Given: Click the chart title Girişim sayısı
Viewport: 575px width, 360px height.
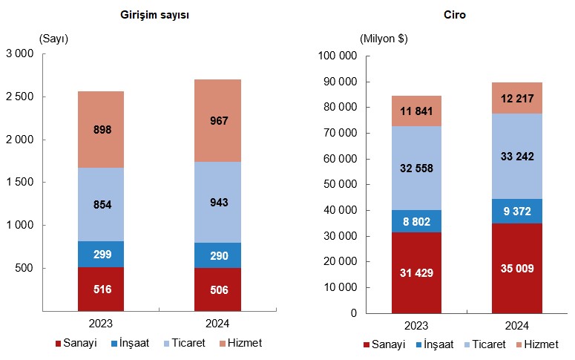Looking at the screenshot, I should click(x=154, y=16).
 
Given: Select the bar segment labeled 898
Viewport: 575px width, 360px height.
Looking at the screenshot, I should click(x=101, y=129).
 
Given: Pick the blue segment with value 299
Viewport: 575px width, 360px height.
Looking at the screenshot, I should click(x=101, y=254).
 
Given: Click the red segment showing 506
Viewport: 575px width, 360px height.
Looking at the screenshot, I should click(x=217, y=289).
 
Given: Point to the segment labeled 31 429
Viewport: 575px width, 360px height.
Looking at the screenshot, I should click(x=417, y=272).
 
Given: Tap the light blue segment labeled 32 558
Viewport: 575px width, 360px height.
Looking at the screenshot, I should click(x=417, y=168).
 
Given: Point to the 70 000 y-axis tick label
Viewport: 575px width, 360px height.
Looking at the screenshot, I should click(x=335, y=133).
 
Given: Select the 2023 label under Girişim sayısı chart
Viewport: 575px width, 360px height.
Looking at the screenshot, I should click(x=101, y=324).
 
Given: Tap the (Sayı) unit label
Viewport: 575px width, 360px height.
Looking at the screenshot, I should click(x=53, y=39).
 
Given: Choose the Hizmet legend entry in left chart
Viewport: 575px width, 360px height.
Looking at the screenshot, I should click(x=241, y=343).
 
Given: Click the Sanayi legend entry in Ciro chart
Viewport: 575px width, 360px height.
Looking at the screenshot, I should click(x=385, y=344).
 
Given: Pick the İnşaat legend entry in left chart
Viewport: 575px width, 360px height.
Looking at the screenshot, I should click(x=131, y=343).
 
